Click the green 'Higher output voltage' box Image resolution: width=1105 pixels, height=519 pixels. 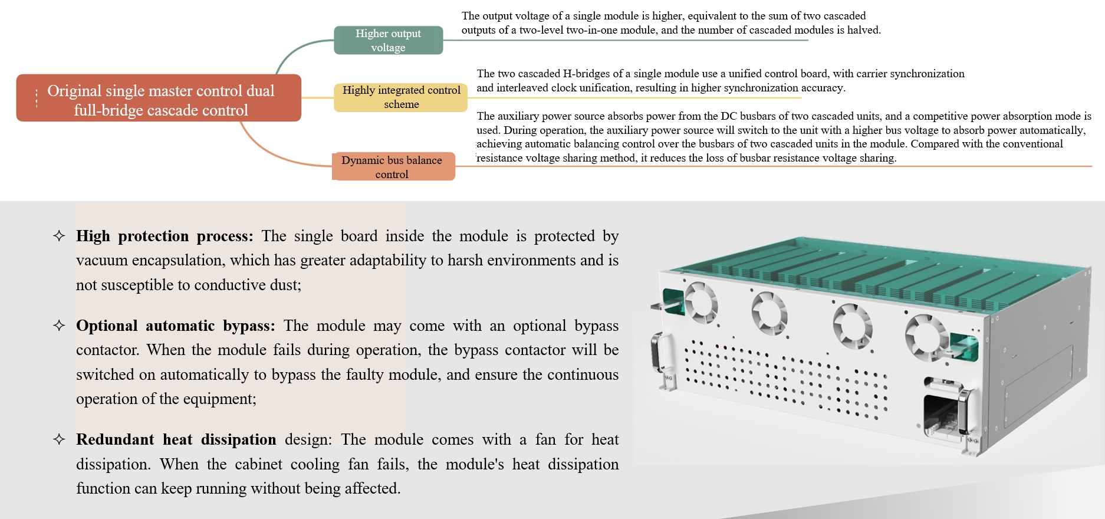pyautogui.click(x=388, y=40)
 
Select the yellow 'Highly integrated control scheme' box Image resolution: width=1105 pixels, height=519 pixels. pyautogui.click(x=401, y=97)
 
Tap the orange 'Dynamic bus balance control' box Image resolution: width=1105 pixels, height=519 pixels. pyautogui.click(x=392, y=167)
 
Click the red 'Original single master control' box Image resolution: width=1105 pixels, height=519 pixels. pyautogui.click(x=159, y=98)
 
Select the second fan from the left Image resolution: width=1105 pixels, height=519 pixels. pyautogui.click(x=769, y=313)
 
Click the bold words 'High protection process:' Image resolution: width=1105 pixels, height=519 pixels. pyautogui.click(x=165, y=236)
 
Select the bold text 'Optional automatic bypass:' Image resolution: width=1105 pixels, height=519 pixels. pyautogui.click(x=175, y=326)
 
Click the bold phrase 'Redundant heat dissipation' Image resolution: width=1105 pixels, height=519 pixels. pyautogui.click(x=176, y=440)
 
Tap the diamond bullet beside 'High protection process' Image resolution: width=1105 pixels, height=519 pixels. pyautogui.click(x=59, y=236)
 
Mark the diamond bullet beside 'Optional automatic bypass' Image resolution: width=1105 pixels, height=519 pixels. pyautogui.click(x=59, y=326)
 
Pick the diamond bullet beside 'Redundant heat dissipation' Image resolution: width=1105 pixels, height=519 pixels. pyautogui.click(x=59, y=439)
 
